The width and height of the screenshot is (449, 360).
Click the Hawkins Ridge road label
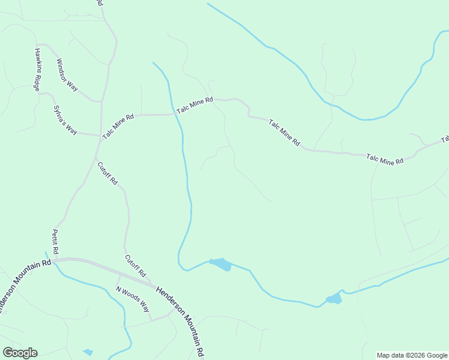tap(38, 69)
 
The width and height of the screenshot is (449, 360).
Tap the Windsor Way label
tap(67, 74)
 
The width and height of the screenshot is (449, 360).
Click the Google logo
tap(20, 353)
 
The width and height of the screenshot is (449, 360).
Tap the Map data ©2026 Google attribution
tap(412, 355)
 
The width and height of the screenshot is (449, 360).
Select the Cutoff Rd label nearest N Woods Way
tap(135, 266)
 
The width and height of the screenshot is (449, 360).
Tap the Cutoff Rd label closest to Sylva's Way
tap(107, 173)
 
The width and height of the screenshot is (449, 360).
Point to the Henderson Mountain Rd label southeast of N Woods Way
tap(183, 319)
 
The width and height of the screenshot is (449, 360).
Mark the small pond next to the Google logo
tap(88, 352)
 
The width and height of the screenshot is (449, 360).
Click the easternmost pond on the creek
tap(334, 298)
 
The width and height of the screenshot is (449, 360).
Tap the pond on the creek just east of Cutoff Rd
tap(220, 264)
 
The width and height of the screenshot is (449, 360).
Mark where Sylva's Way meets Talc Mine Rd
tap(100, 136)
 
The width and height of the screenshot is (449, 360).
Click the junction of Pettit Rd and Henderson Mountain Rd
tap(53, 260)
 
